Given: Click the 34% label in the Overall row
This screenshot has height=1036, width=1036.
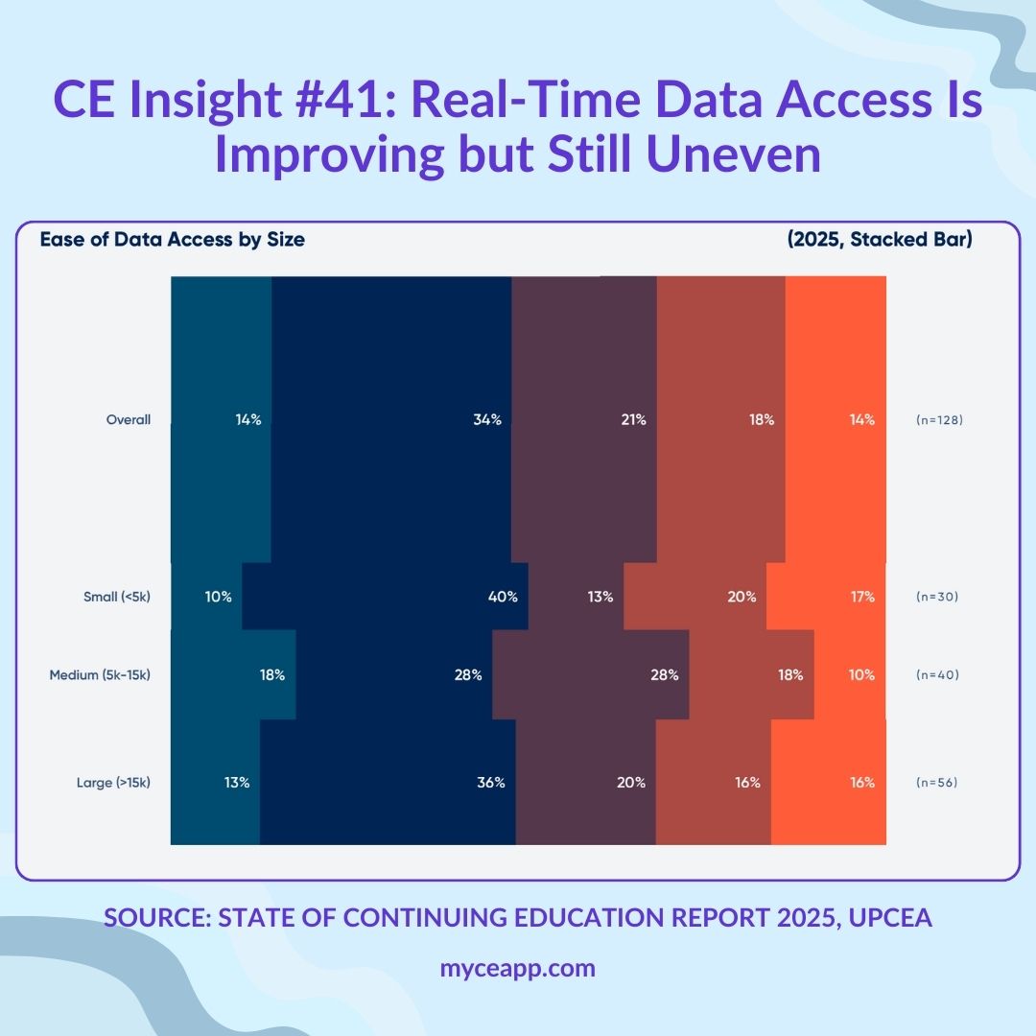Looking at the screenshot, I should tap(487, 419).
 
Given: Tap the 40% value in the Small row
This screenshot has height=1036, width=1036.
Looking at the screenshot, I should tap(503, 597).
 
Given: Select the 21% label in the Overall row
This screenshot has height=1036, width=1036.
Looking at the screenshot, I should tap(632, 419).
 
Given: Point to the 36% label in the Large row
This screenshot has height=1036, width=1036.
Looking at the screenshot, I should tap(490, 783).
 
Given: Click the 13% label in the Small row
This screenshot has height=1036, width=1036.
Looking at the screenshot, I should tap(600, 597).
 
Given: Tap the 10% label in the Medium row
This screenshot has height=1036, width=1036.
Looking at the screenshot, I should tap(860, 674).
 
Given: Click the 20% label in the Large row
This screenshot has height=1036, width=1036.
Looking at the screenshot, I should tap(631, 783).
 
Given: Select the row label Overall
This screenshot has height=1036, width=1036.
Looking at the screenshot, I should tap(129, 419).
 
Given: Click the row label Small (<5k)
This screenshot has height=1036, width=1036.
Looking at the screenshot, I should tap(117, 597).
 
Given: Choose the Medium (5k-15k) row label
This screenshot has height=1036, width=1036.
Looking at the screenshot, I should tap(100, 674).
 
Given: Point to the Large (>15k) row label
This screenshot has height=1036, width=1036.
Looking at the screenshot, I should tap(113, 783).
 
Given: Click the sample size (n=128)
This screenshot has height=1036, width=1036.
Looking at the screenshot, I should tap(939, 420).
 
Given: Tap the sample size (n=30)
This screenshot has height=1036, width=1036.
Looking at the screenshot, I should tap(936, 597).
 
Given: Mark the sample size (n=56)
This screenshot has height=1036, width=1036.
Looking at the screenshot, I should tap(936, 783).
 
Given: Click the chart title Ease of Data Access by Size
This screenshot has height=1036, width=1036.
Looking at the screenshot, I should tap(172, 240).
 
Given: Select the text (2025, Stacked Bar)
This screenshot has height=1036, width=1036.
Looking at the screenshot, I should tap(879, 240).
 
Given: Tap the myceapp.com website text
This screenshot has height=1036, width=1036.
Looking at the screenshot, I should tap(517, 968).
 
